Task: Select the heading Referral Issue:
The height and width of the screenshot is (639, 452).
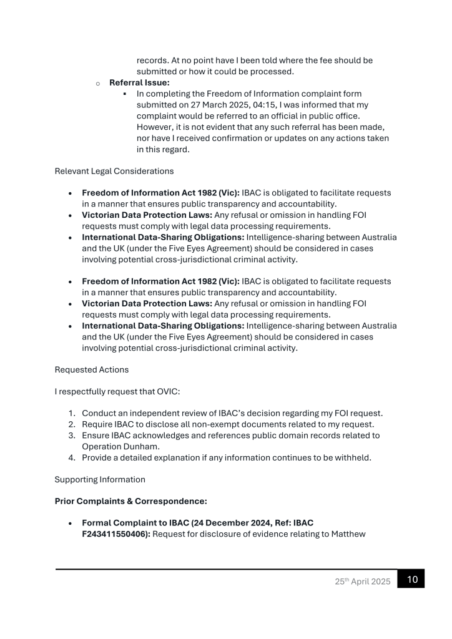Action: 139,82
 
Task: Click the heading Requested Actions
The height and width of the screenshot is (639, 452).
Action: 92,369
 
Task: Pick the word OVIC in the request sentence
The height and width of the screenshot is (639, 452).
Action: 178,391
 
